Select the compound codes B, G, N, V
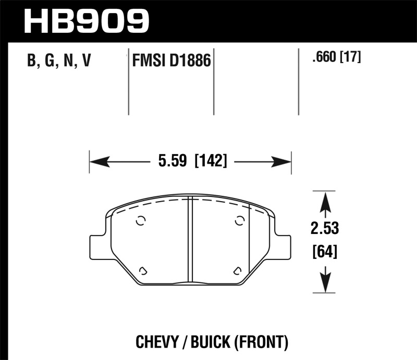pos(59,61)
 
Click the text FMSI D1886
pos(170,62)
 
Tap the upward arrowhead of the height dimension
pos(325,201)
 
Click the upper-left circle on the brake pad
pos(140,221)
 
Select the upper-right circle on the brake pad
pos(239,221)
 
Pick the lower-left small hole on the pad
pos(143,270)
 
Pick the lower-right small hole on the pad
pos(237,270)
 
